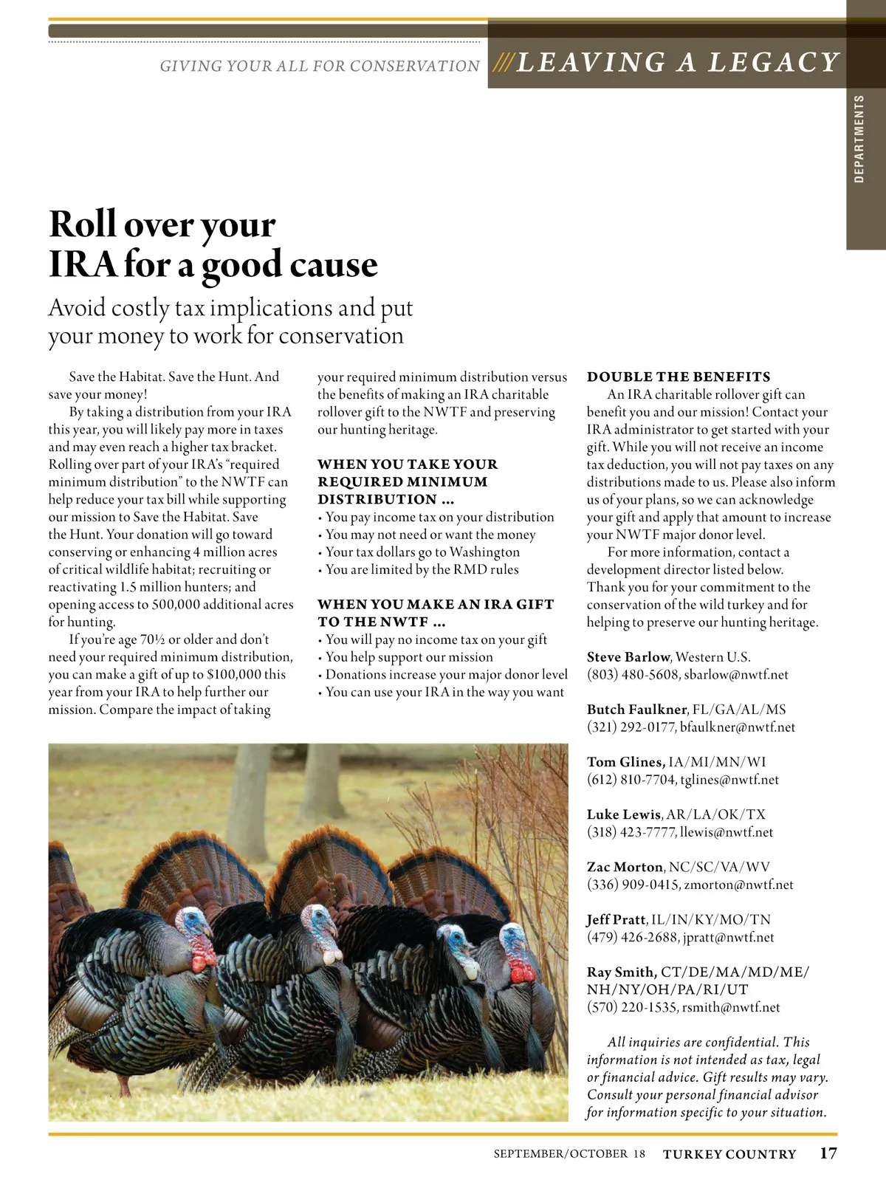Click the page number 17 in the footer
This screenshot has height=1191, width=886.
click(828, 1153)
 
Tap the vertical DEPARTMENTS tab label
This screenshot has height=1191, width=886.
click(859, 139)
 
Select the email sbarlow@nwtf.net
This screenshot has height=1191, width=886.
click(736, 675)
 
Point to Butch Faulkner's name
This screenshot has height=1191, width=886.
click(637, 710)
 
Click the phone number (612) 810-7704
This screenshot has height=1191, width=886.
click(631, 780)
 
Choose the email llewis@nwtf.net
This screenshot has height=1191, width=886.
click(727, 832)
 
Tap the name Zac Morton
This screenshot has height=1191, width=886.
click(625, 867)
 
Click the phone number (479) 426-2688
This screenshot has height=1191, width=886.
click(632, 937)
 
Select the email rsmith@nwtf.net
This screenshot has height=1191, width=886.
click(731, 1007)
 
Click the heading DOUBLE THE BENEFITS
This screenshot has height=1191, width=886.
click(679, 377)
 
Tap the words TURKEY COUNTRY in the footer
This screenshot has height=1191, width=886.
click(729, 1154)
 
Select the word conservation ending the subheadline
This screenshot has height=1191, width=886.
click(341, 336)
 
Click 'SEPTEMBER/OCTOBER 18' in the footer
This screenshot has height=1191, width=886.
click(569, 1153)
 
